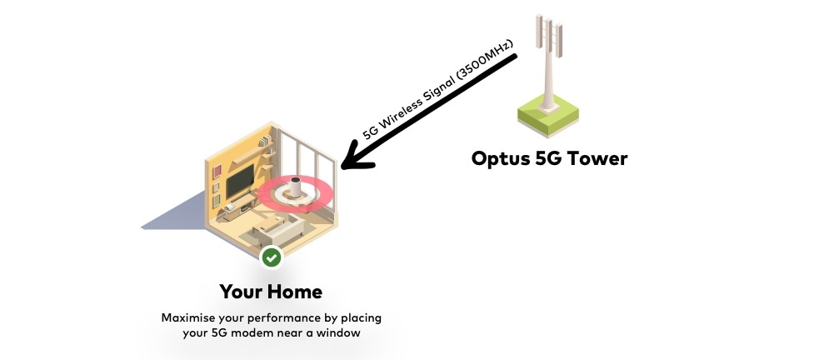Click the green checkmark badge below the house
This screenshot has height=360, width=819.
[271, 257]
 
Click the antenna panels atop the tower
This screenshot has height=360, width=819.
[549, 33]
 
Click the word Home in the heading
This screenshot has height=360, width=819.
[294, 292]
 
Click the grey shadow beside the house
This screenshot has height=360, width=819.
[175, 212]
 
